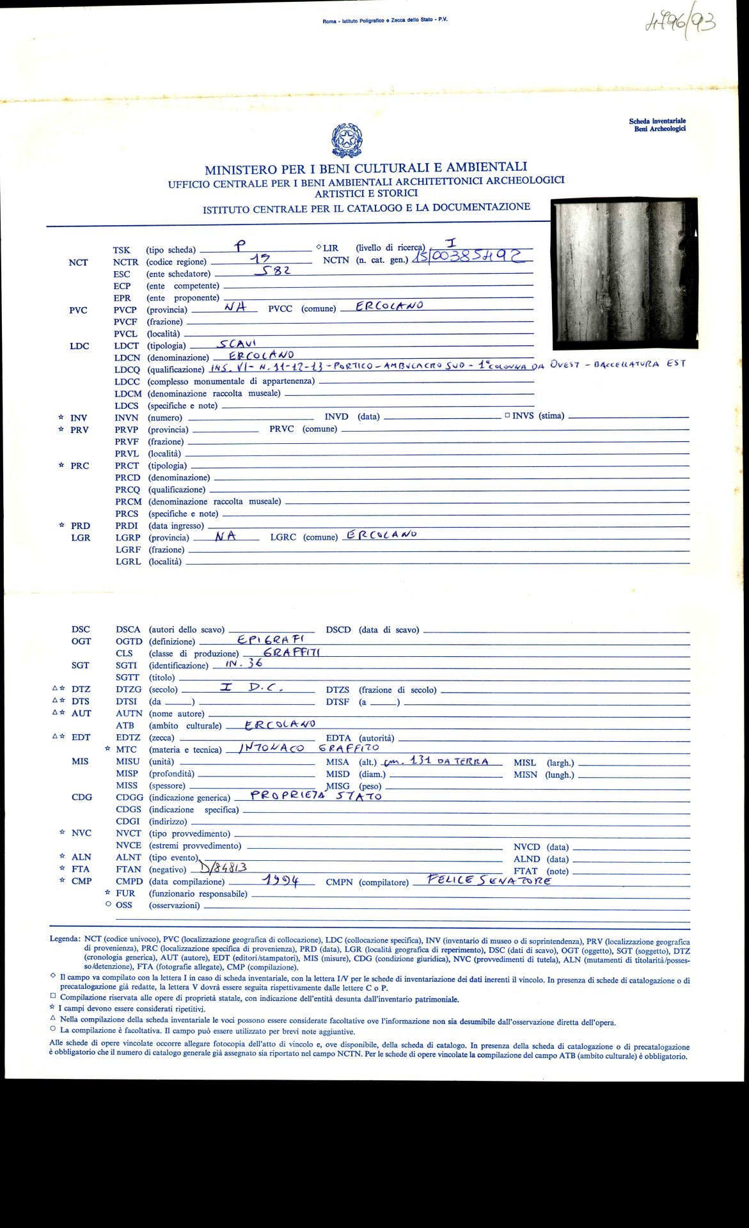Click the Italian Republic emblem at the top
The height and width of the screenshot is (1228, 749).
[347, 141]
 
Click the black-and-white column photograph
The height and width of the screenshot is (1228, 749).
[624, 272]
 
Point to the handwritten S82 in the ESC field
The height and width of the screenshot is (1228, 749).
[273, 271]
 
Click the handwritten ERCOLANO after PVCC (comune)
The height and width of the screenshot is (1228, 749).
[390, 306]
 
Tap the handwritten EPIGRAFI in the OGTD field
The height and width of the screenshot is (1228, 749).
[271, 639]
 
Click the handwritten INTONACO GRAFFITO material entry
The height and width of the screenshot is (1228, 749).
[309, 748]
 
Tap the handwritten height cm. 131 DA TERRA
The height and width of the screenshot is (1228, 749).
[436, 761]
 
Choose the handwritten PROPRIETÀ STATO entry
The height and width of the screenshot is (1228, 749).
[316, 796]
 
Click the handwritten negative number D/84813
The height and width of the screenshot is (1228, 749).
[223, 867]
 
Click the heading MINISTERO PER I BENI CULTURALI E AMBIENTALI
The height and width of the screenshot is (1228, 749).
[366, 169]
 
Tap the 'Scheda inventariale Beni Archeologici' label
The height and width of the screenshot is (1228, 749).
[657, 125]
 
